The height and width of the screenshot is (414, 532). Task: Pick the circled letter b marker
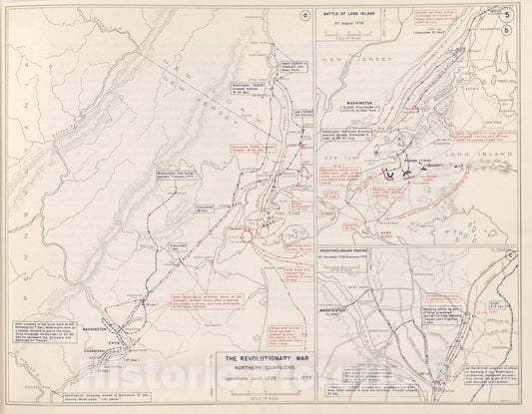point(510,32)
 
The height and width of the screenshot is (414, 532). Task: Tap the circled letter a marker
point(303,13)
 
